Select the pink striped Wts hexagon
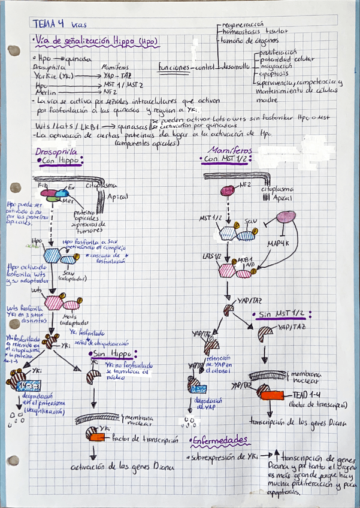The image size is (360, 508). pyautogui.click(x=55, y=302)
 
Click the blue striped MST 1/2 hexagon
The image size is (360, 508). pyautogui.click(x=229, y=233)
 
